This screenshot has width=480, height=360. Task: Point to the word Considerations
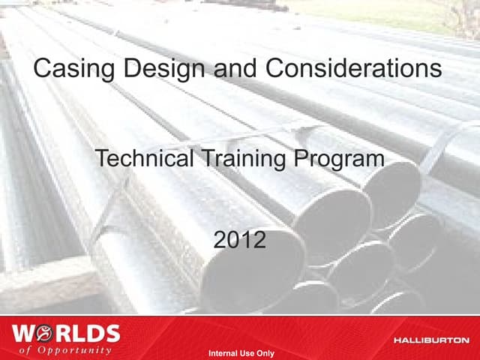tap(349, 70)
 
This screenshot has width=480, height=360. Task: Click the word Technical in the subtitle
tap(139, 159)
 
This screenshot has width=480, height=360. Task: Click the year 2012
tap(239, 241)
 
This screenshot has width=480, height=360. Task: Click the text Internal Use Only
tap(241, 353)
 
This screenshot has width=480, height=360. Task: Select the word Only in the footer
tap(264, 353)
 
